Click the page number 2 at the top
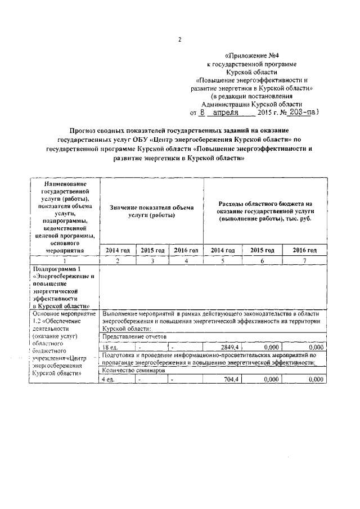click(x=179, y=39)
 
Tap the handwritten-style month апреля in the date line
click(x=223, y=112)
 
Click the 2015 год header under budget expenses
click(x=262, y=250)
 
